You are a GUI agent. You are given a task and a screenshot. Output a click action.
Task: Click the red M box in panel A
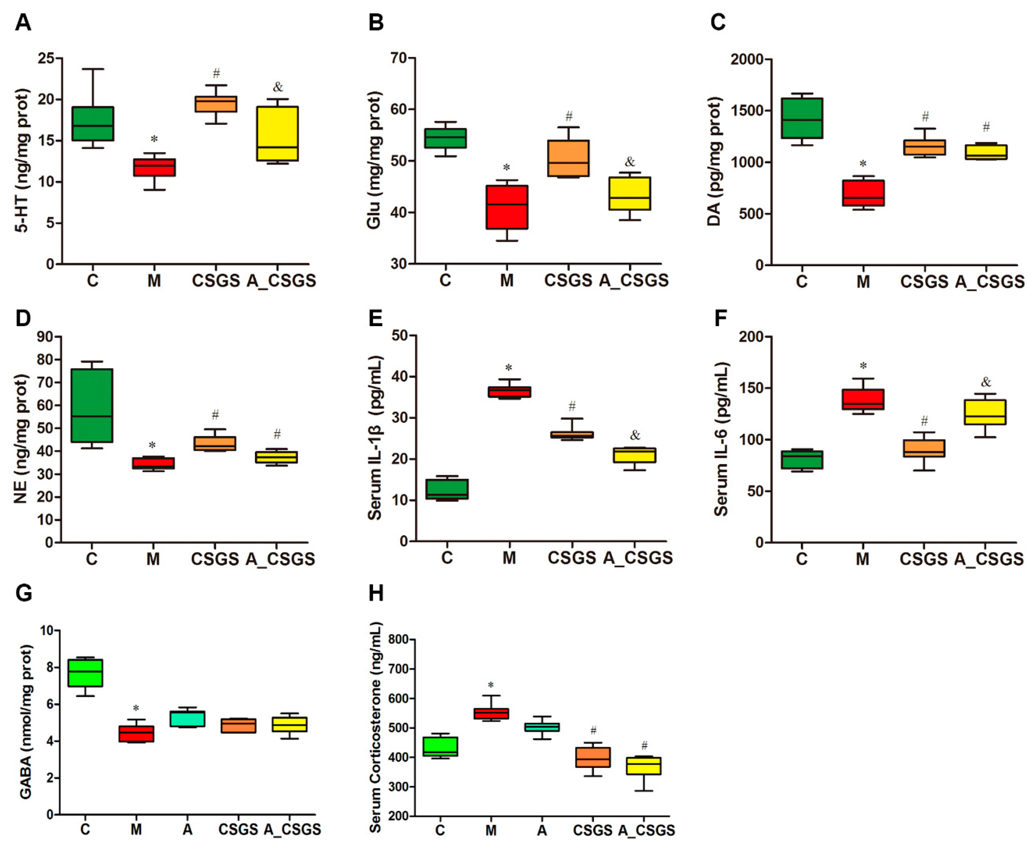click(155, 167)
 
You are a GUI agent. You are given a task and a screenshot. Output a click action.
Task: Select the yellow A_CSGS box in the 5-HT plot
click(278, 133)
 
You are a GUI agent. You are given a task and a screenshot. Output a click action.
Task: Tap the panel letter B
click(376, 23)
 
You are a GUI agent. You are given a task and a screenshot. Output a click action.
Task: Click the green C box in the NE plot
click(92, 405)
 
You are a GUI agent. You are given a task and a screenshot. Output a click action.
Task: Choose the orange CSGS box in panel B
click(568, 158)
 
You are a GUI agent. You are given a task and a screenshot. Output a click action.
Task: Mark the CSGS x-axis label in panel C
click(924, 282)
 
